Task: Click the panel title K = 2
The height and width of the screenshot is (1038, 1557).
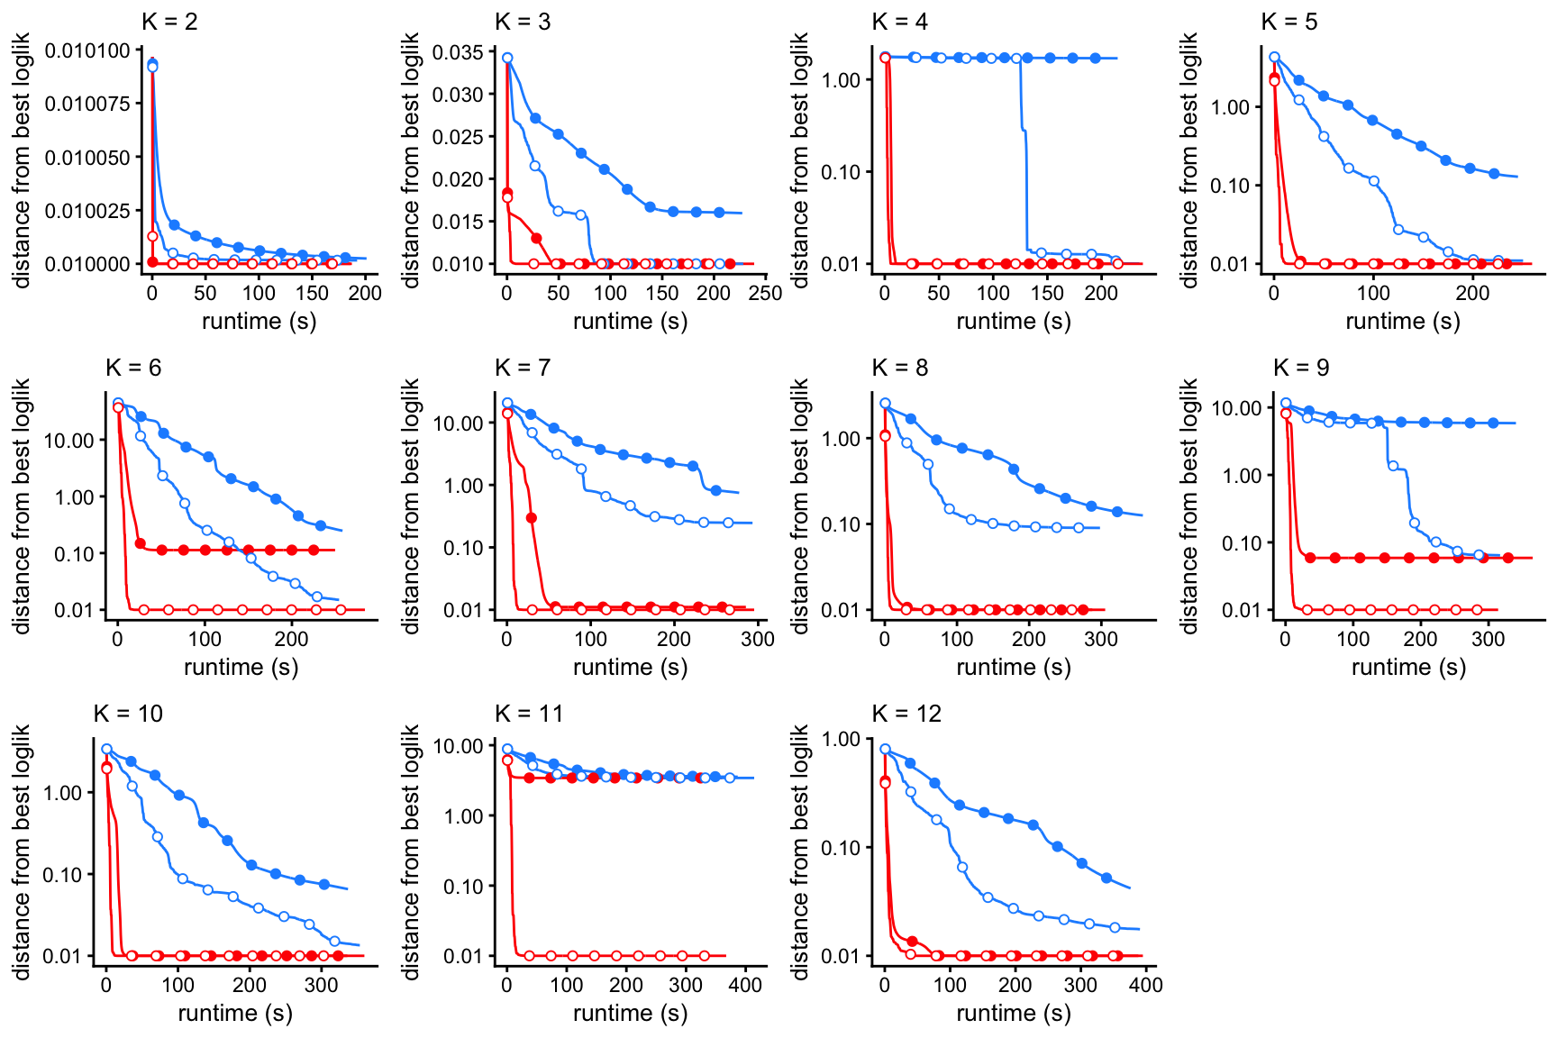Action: [169, 22]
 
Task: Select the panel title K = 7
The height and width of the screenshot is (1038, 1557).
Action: [523, 368]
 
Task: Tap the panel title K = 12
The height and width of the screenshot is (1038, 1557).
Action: [906, 714]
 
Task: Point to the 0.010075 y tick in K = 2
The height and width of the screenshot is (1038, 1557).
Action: [87, 104]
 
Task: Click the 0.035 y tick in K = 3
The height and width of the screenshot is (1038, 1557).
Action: [458, 52]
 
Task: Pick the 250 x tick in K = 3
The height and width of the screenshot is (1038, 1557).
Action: [765, 293]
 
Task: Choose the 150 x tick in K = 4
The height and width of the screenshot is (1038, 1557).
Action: [1047, 293]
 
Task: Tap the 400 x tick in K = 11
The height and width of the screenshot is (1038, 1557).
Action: [745, 985]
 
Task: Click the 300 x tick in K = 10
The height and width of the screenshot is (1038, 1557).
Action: [322, 985]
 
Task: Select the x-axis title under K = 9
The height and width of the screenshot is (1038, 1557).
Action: [1408, 667]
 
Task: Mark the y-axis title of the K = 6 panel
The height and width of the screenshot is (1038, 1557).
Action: [22, 505]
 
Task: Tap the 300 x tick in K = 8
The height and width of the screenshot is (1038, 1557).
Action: [1101, 639]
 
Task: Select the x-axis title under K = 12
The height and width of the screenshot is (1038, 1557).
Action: [1014, 1013]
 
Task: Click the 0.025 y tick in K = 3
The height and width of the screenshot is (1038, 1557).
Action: [458, 137]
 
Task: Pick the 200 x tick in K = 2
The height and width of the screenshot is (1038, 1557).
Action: [366, 293]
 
